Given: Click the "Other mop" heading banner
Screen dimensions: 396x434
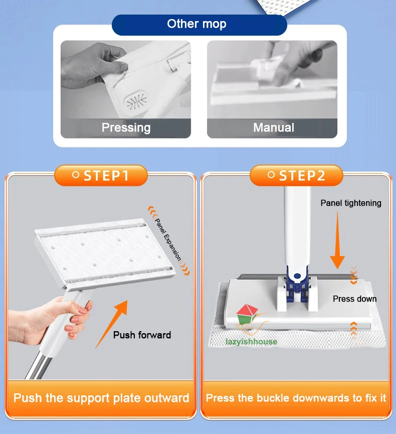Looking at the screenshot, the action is tap(199, 25).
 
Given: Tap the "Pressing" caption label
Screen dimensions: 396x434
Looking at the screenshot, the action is tap(126, 127).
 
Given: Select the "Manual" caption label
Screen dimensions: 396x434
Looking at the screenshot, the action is tap(274, 127).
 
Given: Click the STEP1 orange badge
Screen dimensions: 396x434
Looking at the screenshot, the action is tap(101, 176).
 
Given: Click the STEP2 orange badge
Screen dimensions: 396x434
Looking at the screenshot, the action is tap(296, 176).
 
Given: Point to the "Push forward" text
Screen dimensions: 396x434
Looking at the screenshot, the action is tap(142, 335).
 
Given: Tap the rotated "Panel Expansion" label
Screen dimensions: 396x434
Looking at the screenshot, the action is tap(168, 239).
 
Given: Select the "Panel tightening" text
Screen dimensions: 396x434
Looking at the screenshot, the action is tap(351, 203).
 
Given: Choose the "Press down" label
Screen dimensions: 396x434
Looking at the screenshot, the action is tap(355, 299).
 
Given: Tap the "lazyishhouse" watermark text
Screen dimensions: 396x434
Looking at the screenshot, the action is tap(251, 342).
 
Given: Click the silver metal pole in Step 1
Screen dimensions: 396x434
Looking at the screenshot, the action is tap(39, 365).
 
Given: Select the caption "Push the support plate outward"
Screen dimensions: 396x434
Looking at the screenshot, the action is tap(101, 398).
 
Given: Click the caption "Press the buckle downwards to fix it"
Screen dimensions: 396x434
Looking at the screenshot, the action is tap(296, 398).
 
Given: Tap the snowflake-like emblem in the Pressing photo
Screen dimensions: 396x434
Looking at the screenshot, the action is tap(137, 101).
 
